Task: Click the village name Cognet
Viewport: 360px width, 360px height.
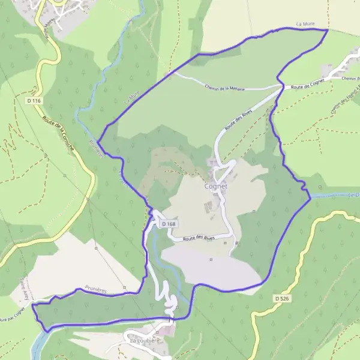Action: (216, 186)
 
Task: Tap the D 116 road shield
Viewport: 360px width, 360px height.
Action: (34, 101)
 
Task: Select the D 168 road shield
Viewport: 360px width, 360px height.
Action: (169, 224)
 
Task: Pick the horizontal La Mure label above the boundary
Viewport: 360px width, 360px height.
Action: (305, 24)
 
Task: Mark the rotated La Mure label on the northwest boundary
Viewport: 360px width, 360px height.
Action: (131, 97)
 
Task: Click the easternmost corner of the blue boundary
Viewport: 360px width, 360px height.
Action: (310, 198)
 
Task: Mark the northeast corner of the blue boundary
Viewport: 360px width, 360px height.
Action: (328, 29)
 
